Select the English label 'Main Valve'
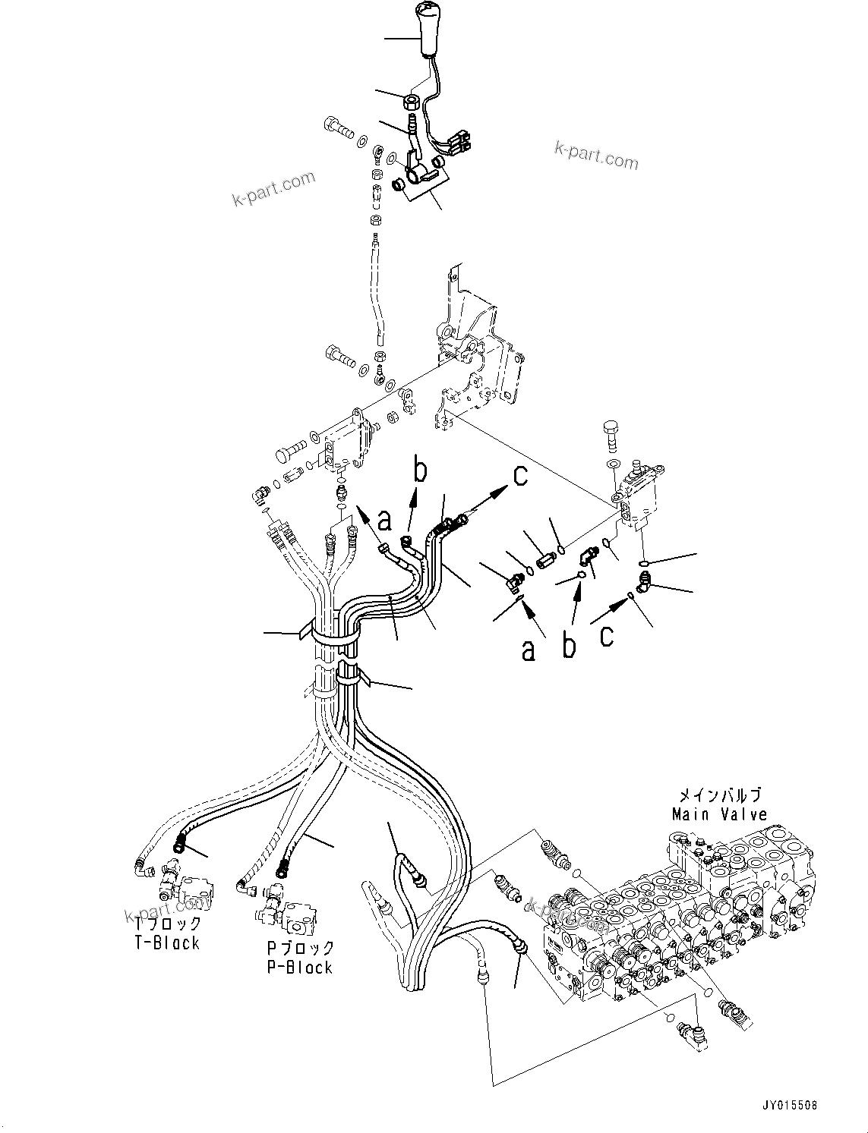pos(719,814)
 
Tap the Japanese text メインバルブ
pos(719,795)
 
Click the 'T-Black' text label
pos(166,943)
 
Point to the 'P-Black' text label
pos(299,968)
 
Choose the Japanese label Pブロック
pos(301,948)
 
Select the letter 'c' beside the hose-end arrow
pos(520,476)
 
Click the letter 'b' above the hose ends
pos(419,470)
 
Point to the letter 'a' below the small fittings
pos(529,650)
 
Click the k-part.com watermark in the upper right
pos(596,156)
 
